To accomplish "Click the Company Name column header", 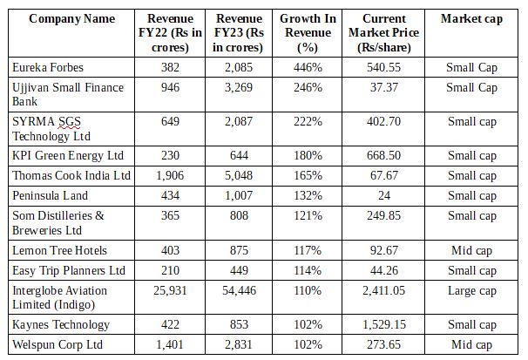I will click(60, 19).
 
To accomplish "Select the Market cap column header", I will click(471, 19).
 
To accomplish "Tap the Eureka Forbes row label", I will click(46, 66).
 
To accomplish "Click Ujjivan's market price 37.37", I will click(384, 87).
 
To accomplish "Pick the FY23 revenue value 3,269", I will click(239, 87).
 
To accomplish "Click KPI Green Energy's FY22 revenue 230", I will click(170, 155).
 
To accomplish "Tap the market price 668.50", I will click(384, 155).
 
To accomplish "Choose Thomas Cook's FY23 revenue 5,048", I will click(239, 176).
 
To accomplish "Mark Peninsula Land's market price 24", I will click(384, 196).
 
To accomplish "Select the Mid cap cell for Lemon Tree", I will click(471, 250).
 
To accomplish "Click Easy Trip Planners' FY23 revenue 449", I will click(239, 270).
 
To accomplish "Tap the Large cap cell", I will click(471, 290).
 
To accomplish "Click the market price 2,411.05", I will click(384, 290).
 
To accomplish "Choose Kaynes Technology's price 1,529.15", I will click(384, 324).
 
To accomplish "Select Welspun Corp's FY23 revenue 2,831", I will click(239, 344).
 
